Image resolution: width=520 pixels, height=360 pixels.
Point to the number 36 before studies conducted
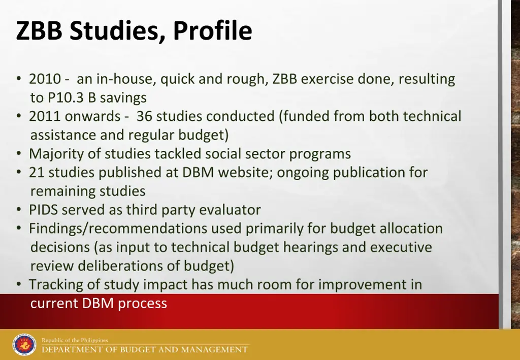144,116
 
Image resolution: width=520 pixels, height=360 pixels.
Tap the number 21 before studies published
36,172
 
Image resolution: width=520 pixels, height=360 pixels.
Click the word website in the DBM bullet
246,172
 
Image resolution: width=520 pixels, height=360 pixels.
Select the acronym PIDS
43,210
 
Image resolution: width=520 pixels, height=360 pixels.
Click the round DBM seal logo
24,345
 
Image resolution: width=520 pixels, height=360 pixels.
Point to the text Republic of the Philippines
75,340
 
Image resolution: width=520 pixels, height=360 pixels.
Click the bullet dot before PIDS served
19,210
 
